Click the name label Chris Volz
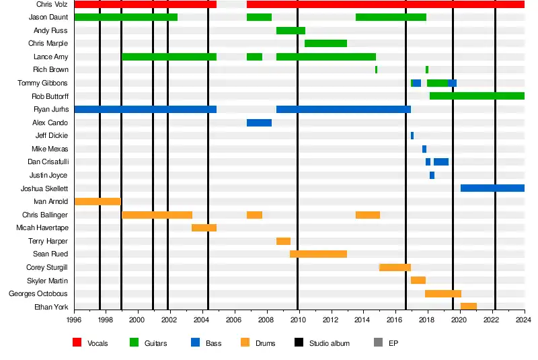tap(52, 5)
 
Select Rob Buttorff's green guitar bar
tap(476, 96)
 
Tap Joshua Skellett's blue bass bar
tap(492, 188)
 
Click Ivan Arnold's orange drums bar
tap(98, 201)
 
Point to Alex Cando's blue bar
tap(259, 123)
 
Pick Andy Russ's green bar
tap(291, 31)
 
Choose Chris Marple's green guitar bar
tap(325, 44)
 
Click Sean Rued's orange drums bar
tap(318, 254)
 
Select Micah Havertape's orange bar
tap(204, 228)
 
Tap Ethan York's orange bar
tap(469, 307)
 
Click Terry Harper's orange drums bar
tap(283, 241)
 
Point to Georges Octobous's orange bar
tap(443, 293)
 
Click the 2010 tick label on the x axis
tap(298, 320)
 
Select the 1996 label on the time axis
tap(74, 320)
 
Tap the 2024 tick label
tap(525, 320)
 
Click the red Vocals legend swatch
tap(77, 343)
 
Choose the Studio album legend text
tap(329, 343)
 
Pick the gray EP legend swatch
tap(377, 343)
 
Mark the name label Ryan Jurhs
tap(50, 110)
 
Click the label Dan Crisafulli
tap(47, 162)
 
